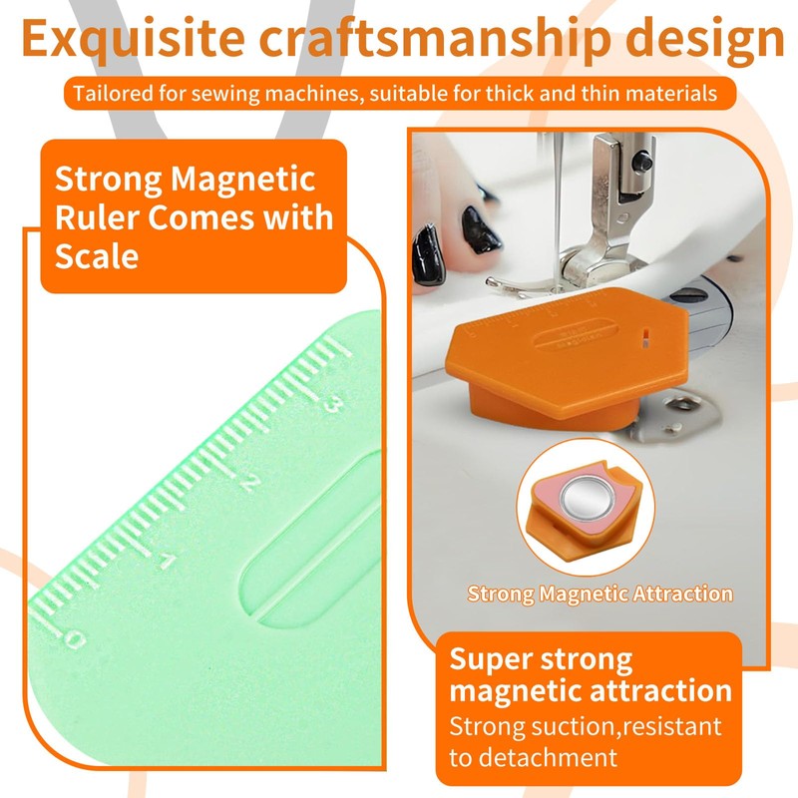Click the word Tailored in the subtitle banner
pos(109,95)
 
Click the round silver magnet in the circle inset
pos(586,498)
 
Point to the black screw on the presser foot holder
pos(647,157)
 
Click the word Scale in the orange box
pos(96,255)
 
